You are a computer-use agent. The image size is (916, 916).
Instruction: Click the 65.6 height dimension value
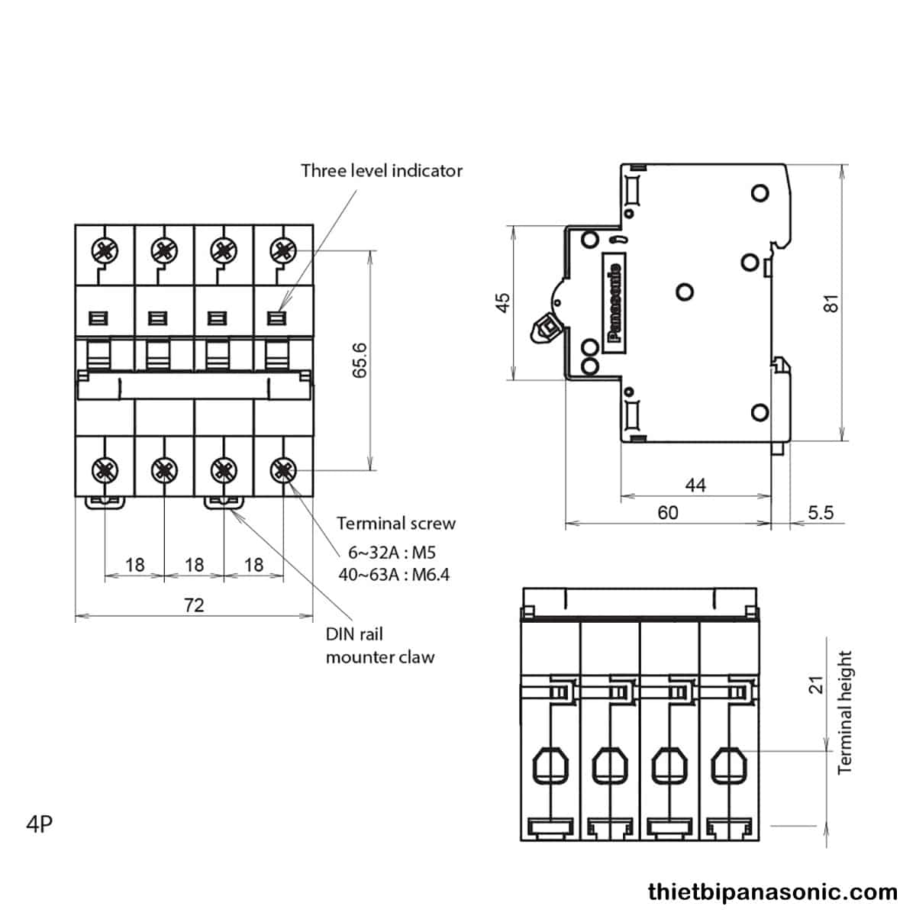[x=360, y=360]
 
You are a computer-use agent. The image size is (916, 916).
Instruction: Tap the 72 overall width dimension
[x=194, y=605]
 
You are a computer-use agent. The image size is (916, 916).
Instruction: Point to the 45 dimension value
[x=502, y=302]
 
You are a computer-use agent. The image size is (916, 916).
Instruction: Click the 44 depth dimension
[x=695, y=485]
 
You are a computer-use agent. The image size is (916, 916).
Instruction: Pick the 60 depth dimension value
[x=667, y=512]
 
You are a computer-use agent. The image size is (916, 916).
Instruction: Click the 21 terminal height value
[x=817, y=684]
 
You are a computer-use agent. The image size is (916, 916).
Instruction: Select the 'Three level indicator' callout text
[x=381, y=170]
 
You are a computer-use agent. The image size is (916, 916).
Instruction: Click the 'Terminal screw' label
[x=396, y=524]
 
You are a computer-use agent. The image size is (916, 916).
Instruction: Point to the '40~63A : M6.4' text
[x=394, y=575]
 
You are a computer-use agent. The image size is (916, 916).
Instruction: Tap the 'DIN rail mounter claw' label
[x=379, y=645]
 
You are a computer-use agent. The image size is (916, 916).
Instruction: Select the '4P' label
[x=39, y=824]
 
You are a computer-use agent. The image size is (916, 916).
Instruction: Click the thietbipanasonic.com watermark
[x=772, y=892]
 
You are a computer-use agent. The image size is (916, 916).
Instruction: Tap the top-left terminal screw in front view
[x=103, y=249]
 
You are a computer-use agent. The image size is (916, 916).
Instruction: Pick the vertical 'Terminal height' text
[x=844, y=712]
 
